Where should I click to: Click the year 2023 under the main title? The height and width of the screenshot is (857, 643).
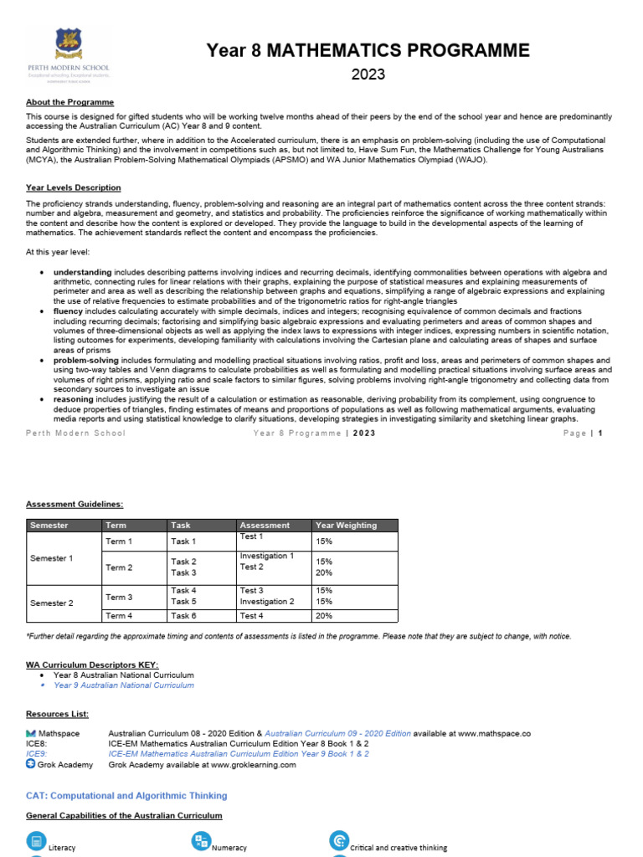(x=368, y=74)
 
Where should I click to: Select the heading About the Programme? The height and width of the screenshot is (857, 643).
(x=69, y=102)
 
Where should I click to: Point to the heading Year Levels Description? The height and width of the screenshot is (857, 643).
(x=74, y=187)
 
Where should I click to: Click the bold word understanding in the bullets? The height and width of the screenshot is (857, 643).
(x=82, y=272)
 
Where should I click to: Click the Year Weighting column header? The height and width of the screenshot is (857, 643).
(x=346, y=525)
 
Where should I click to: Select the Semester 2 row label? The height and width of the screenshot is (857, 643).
(x=52, y=603)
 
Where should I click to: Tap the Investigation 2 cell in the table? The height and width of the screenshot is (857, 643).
(x=267, y=601)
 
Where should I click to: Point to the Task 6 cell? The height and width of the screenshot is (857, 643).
(x=183, y=616)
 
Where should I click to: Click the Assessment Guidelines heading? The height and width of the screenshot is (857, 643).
(x=75, y=504)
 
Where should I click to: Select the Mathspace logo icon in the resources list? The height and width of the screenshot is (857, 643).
(x=31, y=733)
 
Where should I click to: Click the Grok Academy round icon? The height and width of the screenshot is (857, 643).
(x=31, y=763)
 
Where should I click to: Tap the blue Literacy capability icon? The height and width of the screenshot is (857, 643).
(x=36, y=841)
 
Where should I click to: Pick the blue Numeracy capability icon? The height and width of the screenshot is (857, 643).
(x=201, y=841)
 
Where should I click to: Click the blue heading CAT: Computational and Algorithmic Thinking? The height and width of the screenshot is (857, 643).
(x=126, y=795)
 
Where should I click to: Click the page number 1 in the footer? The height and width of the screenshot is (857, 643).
(x=599, y=433)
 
